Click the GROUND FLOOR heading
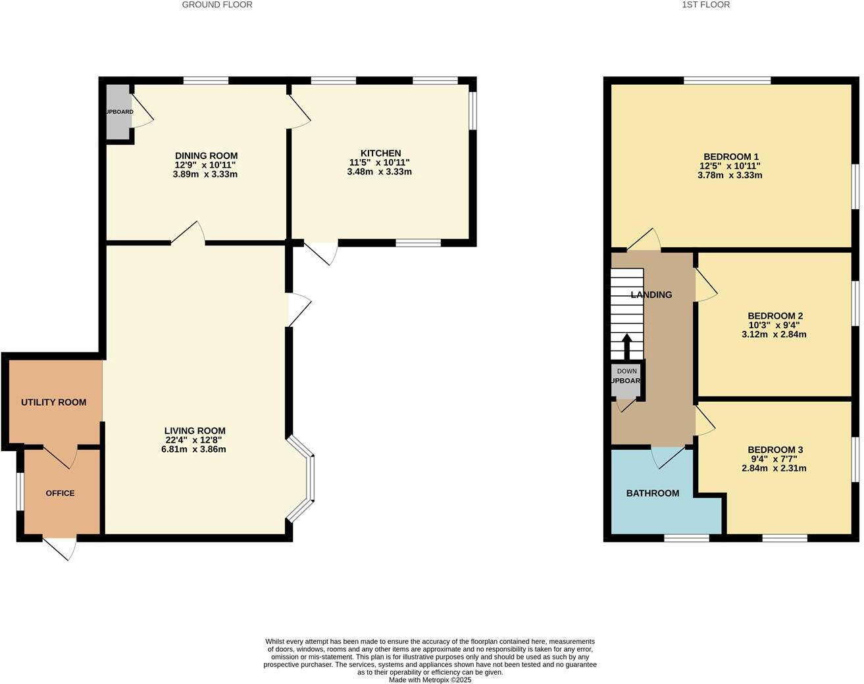pyautogui.click(x=217, y=5)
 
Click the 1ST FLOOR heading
pyautogui.click(x=706, y=5)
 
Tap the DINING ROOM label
pyautogui.click(x=206, y=156)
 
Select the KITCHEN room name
pyautogui.click(x=380, y=153)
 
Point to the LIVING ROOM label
pyautogui.click(x=195, y=431)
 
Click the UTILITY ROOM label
pyautogui.click(x=53, y=402)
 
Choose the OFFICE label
pyautogui.click(x=60, y=493)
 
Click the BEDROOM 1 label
pyautogui.click(x=731, y=157)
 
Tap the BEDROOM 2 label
pyautogui.click(x=775, y=316)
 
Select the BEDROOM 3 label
pyautogui.click(x=775, y=450)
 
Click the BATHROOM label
pyautogui.click(x=652, y=493)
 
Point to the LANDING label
pyautogui.click(x=651, y=295)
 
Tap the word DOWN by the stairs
pyautogui.click(x=626, y=371)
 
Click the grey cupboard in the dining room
pyautogui.click(x=118, y=112)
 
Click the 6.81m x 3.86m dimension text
pyautogui.click(x=195, y=449)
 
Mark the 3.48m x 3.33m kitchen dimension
pyautogui.click(x=379, y=172)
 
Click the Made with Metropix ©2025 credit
pyautogui.click(x=430, y=679)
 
